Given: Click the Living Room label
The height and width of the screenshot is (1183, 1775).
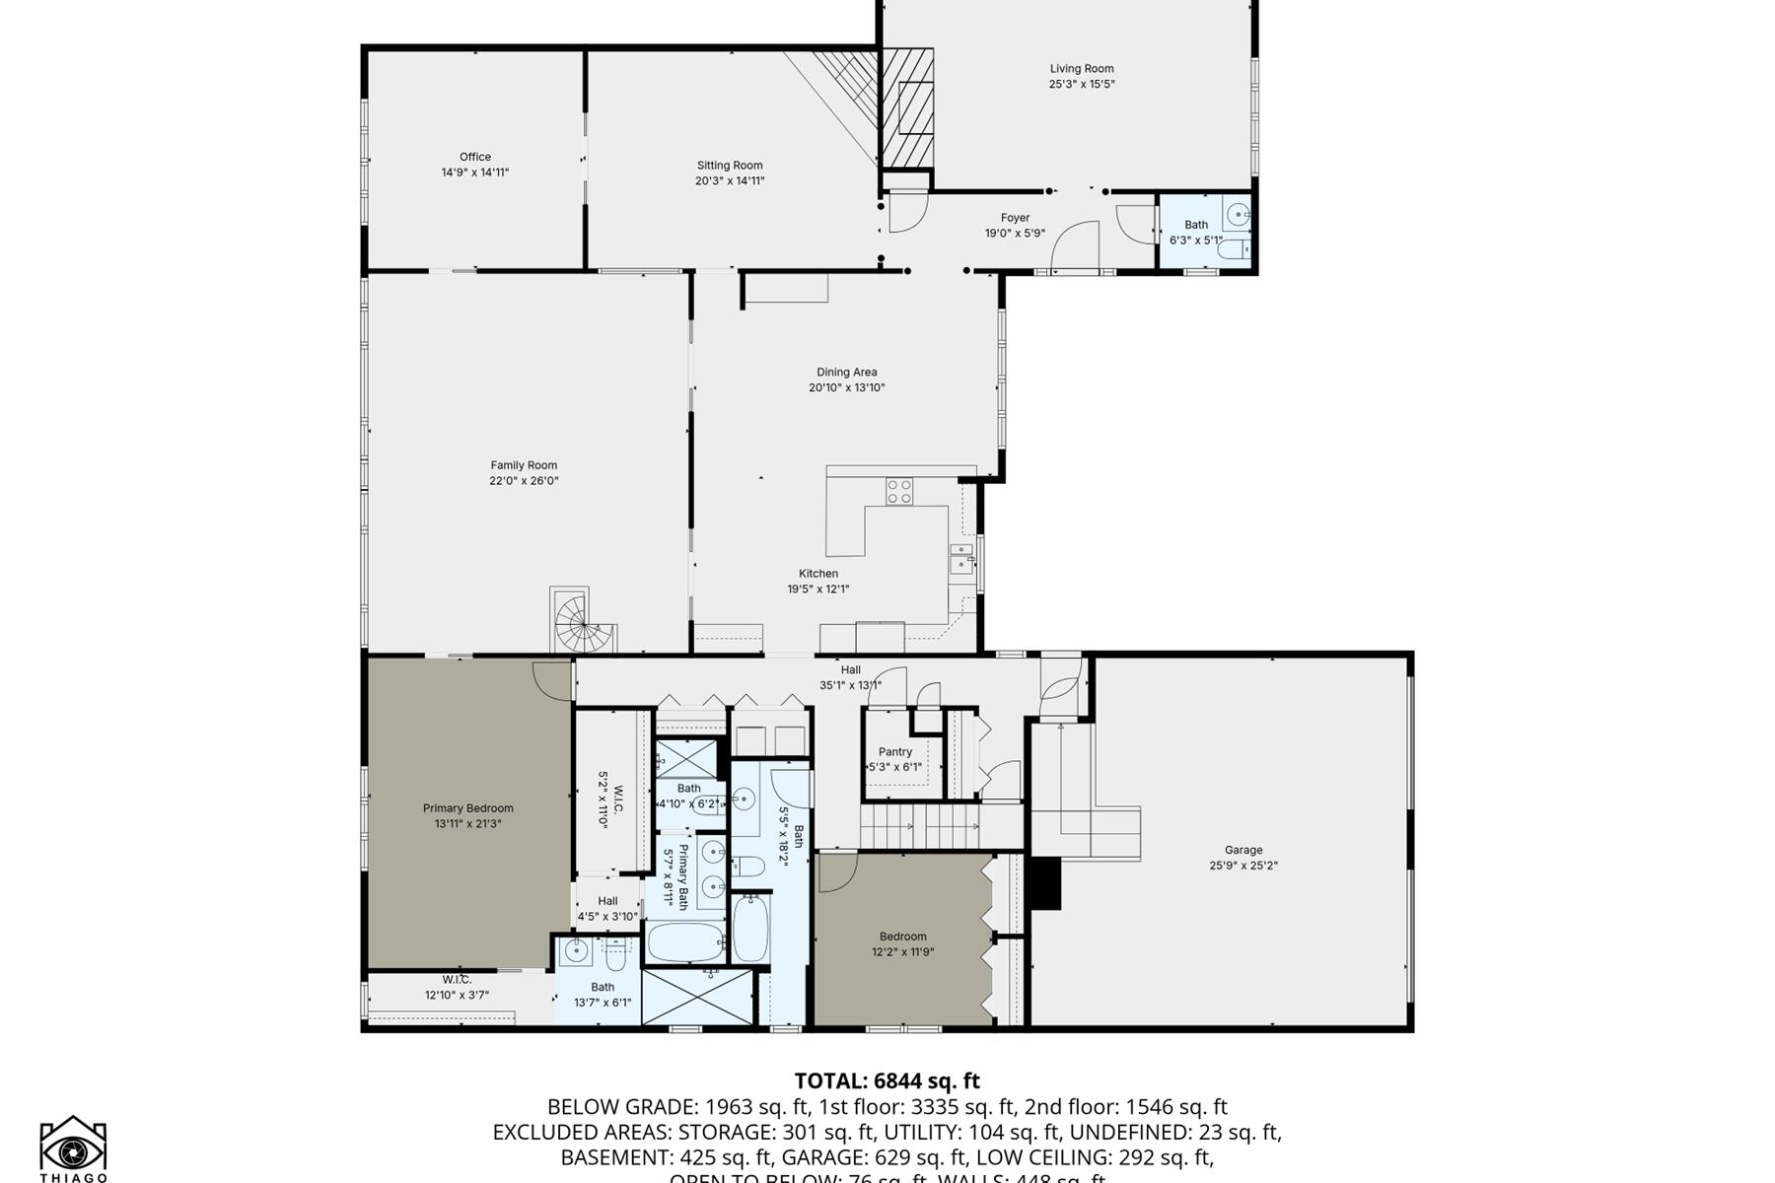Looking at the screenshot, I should tap(1081, 69).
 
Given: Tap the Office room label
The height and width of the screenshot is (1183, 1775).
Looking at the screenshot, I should tap(474, 157).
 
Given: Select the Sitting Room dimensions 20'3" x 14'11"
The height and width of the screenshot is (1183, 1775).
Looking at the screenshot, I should tap(729, 180).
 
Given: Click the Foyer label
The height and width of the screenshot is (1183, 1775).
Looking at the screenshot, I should tap(1015, 218).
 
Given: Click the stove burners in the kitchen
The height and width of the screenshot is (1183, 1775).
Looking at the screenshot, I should tap(898, 491).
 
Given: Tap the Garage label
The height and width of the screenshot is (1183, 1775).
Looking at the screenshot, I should tap(1242, 850).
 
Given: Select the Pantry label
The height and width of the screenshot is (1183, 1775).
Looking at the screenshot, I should tap(894, 751).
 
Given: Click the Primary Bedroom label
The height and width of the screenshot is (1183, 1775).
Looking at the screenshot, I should tap(467, 808).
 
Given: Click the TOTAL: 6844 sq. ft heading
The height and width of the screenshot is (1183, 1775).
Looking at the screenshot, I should tap(887, 1080).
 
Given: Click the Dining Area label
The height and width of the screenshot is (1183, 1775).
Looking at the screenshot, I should tap(846, 372).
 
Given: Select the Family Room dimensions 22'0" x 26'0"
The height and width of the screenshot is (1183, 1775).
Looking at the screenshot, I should tap(524, 481).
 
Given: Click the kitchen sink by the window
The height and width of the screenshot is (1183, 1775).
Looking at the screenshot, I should tap(959, 559).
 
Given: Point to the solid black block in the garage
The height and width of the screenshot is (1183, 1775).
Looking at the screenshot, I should tap(1044, 883).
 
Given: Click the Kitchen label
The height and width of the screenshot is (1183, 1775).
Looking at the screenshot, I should tap(817, 574).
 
